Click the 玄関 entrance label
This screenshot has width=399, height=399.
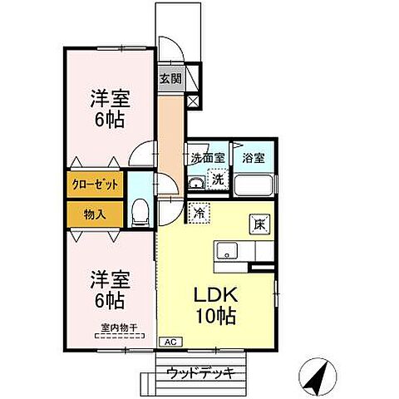click(x=170, y=80)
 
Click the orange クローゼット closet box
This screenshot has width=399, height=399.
click(x=93, y=185)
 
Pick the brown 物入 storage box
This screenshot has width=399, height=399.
click(x=94, y=214)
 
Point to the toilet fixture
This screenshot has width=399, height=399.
click(x=140, y=213)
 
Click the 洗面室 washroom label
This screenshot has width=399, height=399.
click(x=206, y=157)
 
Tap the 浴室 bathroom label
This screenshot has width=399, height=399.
click(x=253, y=157)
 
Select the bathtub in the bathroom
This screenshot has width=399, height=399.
click(x=254, y=184)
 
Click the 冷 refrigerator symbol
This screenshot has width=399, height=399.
click(x=199, y=213)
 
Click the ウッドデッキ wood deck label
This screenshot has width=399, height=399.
click(x=199, y=372)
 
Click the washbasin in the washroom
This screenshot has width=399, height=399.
click(x=197, y=183)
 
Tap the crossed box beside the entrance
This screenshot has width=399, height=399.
click(x=195, y=101)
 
